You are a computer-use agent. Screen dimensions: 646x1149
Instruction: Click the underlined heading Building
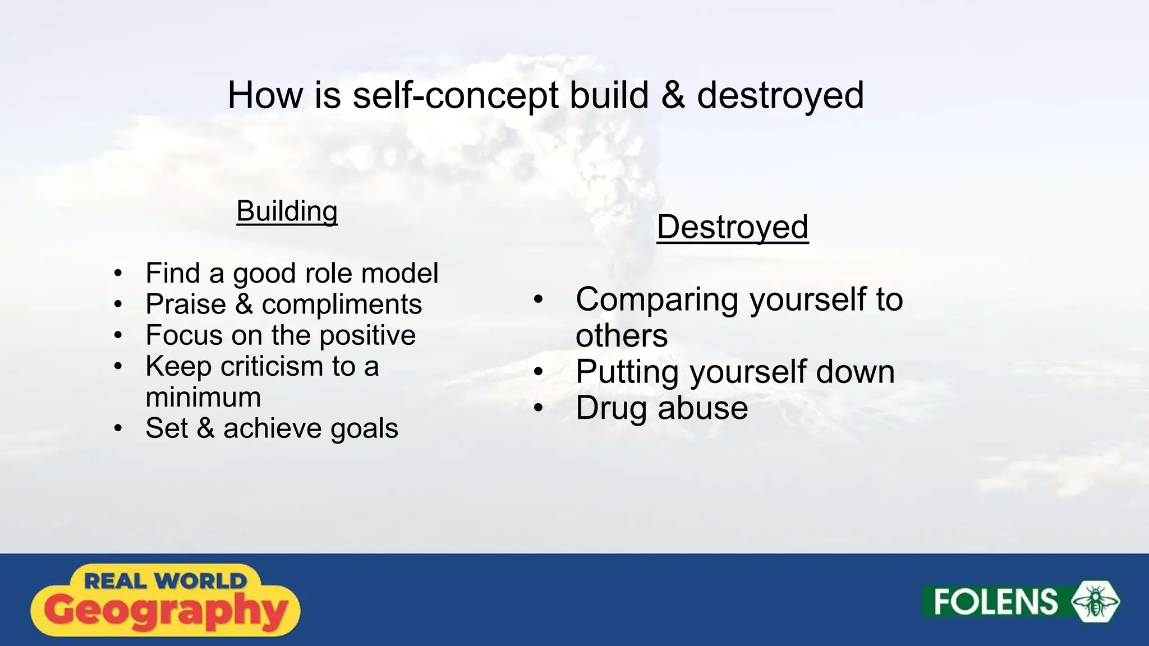point(287,211)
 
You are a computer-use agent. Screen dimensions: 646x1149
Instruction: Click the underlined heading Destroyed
point(732,227)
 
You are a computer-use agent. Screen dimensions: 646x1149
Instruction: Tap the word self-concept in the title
point(456,95)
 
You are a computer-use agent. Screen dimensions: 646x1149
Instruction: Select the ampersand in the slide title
point(673,95)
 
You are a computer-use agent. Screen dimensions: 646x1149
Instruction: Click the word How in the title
point(265,95)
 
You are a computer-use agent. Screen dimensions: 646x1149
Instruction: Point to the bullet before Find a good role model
point(117,274)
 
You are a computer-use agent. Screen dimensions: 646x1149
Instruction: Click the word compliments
point(341,304)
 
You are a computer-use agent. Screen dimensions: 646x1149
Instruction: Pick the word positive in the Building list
point(367,336)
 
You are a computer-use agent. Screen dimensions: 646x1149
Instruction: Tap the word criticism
point(272,366)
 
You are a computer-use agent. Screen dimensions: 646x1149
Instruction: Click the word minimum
point(203,398)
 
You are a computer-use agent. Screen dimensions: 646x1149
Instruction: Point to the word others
point(622,336)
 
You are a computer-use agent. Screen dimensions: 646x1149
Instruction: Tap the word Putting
point(627,372)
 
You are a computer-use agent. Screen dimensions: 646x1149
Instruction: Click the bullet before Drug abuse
point(538,408)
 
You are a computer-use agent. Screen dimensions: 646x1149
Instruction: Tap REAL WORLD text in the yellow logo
point(166,581)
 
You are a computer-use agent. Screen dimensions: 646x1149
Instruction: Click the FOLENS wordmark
point(995,602)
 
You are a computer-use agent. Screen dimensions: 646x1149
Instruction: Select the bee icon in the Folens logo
point(1095,602)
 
